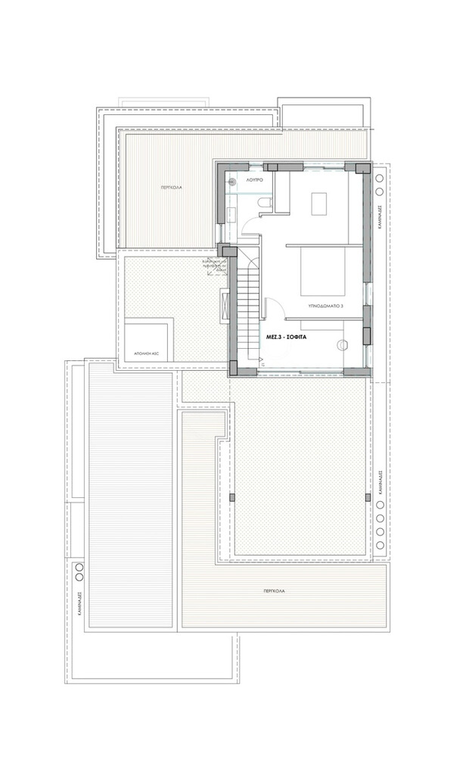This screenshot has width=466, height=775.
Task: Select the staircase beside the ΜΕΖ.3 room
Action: [x=247, y=307]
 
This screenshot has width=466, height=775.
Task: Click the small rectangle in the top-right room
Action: [x=318, y=202]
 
